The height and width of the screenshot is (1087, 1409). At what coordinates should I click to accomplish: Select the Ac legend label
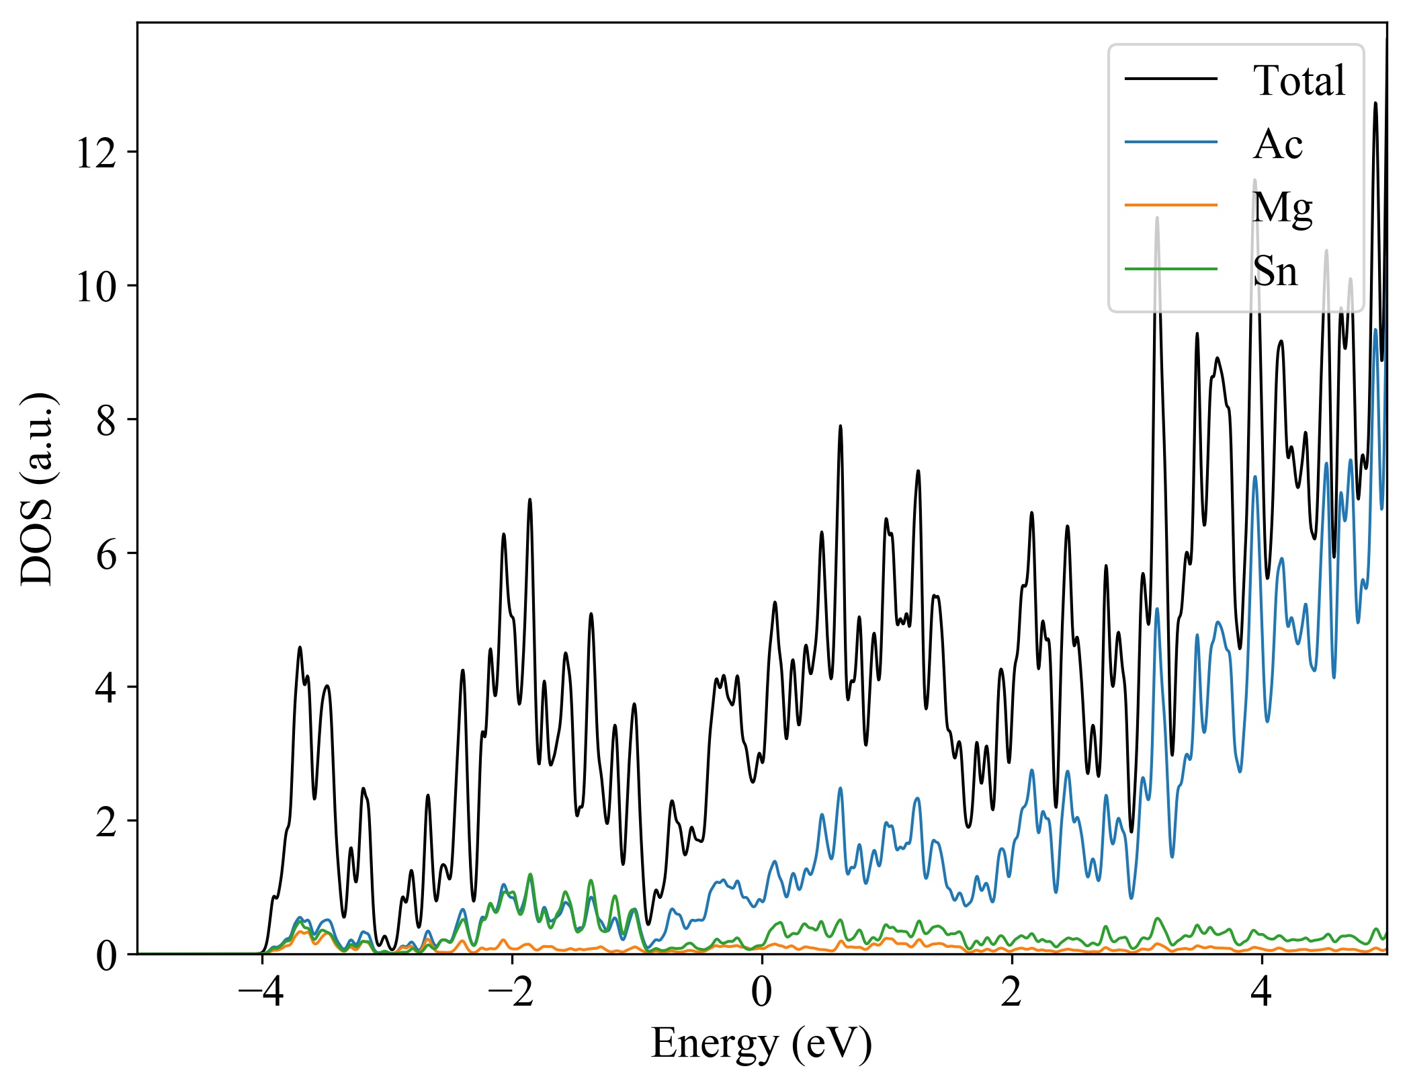(x=1277, y=144)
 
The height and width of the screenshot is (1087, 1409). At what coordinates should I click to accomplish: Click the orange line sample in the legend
(x=1170, y=204)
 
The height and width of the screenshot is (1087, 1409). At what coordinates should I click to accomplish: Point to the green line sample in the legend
(x=1170, y=268)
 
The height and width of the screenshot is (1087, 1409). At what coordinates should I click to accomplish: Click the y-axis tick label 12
(x=96, y=153)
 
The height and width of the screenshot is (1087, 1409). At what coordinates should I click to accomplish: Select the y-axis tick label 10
(x=96, y=286)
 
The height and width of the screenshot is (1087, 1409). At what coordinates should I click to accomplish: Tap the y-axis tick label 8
(x=106, y=420)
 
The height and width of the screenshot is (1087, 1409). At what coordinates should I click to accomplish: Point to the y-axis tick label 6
(x=106, y=554)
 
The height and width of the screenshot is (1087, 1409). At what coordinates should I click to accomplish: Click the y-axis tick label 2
(x=106, y=821)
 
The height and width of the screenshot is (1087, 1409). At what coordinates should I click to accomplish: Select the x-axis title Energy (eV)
(x=761, y=1044)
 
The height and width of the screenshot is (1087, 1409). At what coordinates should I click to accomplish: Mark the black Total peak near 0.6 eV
(x=840, y=426)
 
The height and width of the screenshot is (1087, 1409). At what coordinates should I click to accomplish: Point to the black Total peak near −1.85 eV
(x=529, y=499)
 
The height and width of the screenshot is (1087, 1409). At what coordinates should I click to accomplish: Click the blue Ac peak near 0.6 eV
(x=840, y=788)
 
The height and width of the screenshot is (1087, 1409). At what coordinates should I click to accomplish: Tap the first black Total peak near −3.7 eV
(x=300, y=647)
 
